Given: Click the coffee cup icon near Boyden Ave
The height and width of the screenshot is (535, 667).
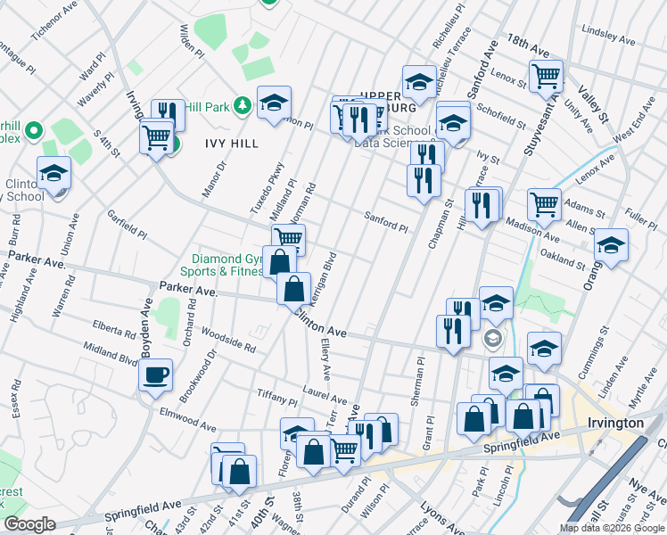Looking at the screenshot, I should [156, 373].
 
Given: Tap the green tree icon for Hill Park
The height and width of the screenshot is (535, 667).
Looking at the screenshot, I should [242, 106].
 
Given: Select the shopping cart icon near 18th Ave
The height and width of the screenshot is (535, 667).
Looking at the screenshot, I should [546, 76].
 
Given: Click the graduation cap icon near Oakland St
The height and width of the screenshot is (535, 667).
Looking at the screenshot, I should [611, 244].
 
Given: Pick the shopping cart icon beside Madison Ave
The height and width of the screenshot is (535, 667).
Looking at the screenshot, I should [543, 203].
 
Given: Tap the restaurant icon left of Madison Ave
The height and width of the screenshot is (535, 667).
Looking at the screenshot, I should [482, 205].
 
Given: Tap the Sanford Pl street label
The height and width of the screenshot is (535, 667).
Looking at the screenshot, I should [386, 221].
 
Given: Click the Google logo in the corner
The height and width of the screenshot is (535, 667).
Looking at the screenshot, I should [29, 523].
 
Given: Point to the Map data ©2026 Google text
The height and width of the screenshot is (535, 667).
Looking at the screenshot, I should [612, 528].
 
